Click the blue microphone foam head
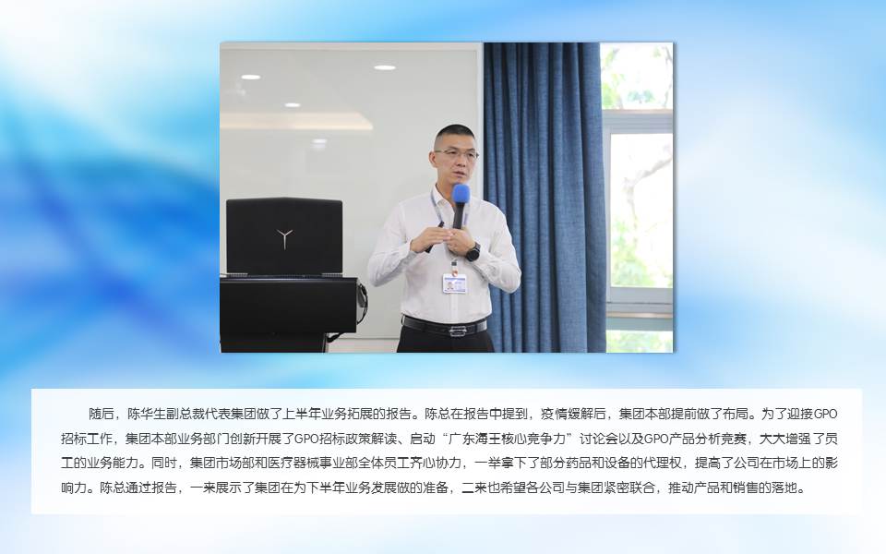click(461, 195)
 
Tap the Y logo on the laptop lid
click(285, 237)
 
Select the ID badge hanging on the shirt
click(454, 283)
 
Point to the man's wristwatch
click(473, 251)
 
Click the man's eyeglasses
click(455, 154)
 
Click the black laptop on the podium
click(284, 237)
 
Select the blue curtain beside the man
click(545, 197)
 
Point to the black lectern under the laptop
click(288, 313)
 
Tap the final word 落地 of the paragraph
click(791, 488)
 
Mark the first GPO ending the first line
click(825, 414)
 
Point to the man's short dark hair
click(454, 133)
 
